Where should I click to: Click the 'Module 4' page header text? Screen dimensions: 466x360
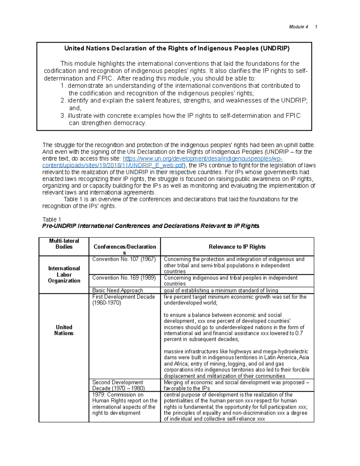(298, 27)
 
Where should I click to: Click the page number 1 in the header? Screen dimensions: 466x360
(316, 27)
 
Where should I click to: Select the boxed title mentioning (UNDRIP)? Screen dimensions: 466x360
(177, 49)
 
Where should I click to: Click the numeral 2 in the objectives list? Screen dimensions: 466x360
(62, 101)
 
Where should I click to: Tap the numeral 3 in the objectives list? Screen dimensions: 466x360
(62, 116)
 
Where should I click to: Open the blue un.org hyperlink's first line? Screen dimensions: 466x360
(202, 159)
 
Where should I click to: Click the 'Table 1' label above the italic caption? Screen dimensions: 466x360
(52, 219)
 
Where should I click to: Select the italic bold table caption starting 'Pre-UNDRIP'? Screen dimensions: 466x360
(151, 226)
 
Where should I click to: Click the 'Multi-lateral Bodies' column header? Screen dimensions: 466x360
(64, 244)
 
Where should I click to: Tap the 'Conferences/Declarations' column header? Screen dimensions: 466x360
(125, 247)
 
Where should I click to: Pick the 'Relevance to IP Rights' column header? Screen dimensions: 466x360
(237, 247)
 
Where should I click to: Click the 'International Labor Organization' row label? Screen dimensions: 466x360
(64, 275)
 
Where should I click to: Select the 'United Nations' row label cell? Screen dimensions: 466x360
(64, 330)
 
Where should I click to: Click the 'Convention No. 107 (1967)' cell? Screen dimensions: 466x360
(124, 259)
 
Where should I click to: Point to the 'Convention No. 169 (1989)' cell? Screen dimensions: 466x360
(124, 278)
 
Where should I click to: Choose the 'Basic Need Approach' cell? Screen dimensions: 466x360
(118, 290)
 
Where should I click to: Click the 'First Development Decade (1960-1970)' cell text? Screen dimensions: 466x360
(123, 300)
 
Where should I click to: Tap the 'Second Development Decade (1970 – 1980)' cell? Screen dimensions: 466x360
(118, 385)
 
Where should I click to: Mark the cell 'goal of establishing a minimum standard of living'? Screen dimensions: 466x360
(221, 290)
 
